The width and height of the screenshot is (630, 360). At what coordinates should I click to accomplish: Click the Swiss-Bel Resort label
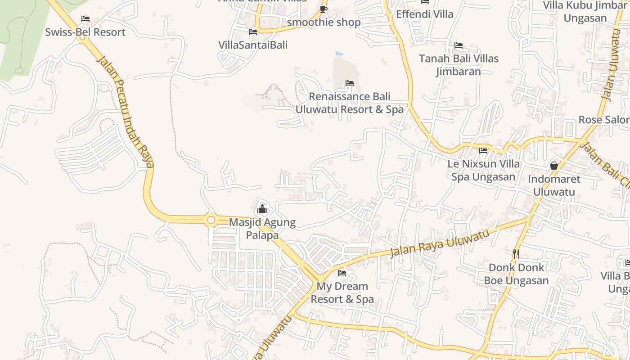point(85,32)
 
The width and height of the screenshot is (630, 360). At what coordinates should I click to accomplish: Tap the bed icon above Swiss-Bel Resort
point(85,19)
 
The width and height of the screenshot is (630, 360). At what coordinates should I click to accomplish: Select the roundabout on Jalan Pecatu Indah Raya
point(211,220)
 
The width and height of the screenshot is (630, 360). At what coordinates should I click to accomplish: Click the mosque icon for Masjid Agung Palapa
point(262,209)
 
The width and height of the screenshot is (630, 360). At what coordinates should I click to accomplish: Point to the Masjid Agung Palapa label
point(262,229)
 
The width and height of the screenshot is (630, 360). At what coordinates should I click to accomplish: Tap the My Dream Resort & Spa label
point(342,292)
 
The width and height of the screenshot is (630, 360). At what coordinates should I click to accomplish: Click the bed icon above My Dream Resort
point(342,273)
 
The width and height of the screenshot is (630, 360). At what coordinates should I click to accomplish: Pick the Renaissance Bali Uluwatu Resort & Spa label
point(349,103)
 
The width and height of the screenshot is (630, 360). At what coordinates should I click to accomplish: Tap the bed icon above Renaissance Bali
point(349,83)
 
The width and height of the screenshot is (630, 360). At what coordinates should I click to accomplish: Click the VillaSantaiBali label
point(253,45)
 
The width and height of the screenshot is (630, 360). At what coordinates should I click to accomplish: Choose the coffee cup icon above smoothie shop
point(323,9)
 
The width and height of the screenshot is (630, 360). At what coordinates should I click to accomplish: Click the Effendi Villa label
point(425,14)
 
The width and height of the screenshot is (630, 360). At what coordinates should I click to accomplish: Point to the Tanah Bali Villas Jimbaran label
point(459,65)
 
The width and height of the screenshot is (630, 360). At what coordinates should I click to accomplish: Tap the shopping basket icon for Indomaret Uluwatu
point(554,166)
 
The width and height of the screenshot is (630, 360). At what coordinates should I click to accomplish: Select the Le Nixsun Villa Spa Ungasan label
point(483,170)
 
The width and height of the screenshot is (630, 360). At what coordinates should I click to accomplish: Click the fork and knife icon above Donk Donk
point(516,254)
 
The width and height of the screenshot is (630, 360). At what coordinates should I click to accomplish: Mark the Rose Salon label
point(603,120)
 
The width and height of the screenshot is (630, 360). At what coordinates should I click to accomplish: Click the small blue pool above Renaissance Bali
point(339,54)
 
